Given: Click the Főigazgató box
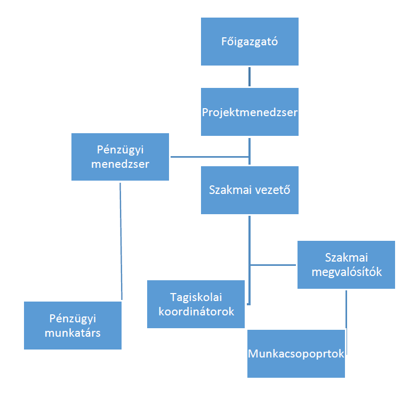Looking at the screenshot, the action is click(250, 42).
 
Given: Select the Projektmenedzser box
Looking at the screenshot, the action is click(250, 112).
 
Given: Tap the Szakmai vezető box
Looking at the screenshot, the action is click(250, 190).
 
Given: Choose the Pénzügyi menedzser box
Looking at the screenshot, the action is click(120, 157).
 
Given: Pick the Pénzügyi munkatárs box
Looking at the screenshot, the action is click(73, 326).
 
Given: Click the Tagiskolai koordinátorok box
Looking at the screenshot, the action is click(196, 304).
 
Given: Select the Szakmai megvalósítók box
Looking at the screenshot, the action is click(347, 265).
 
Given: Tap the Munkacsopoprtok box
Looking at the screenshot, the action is click(296, 354).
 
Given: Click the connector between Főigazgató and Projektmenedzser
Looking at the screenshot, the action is click(250, 77).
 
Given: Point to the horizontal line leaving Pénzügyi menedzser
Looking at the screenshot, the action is click(210, 157).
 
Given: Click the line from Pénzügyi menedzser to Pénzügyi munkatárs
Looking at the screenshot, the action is click(121, 241).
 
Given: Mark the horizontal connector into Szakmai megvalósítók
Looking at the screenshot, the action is click(273, 265).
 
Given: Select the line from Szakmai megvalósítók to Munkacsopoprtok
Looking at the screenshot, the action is click(347, 322).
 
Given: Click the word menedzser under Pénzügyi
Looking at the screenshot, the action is click(120, 164).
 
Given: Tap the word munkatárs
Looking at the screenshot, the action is click(73, 333).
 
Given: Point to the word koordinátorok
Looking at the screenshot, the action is click(196, 312).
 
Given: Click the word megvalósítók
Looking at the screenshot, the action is click(347, 272).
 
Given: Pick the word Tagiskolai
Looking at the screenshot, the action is click(196, 298).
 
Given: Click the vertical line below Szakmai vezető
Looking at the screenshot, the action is click(250, 260).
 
